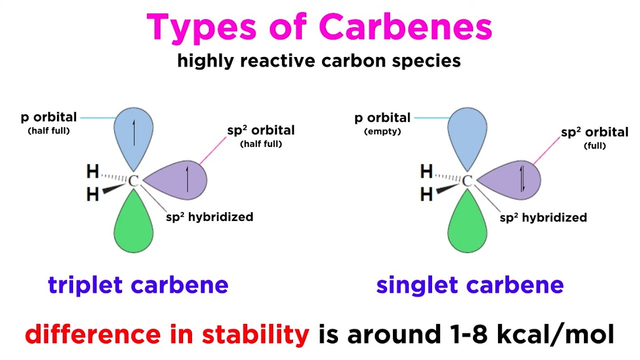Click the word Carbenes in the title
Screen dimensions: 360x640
405,27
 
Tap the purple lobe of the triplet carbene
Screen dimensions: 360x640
182,180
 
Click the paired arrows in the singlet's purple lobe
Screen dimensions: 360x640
522,179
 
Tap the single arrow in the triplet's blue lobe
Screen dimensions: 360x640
133,132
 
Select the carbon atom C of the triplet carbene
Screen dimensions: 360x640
133,181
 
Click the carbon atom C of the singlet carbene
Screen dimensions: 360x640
467,181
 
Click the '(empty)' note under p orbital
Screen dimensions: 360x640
382,131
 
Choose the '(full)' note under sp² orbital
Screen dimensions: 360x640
594,146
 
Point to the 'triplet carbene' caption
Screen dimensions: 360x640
138,285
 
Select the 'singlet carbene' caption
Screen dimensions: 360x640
469,285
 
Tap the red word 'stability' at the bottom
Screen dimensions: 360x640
255,334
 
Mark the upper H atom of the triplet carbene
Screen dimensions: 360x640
92,172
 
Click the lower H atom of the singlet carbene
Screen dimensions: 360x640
426,194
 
